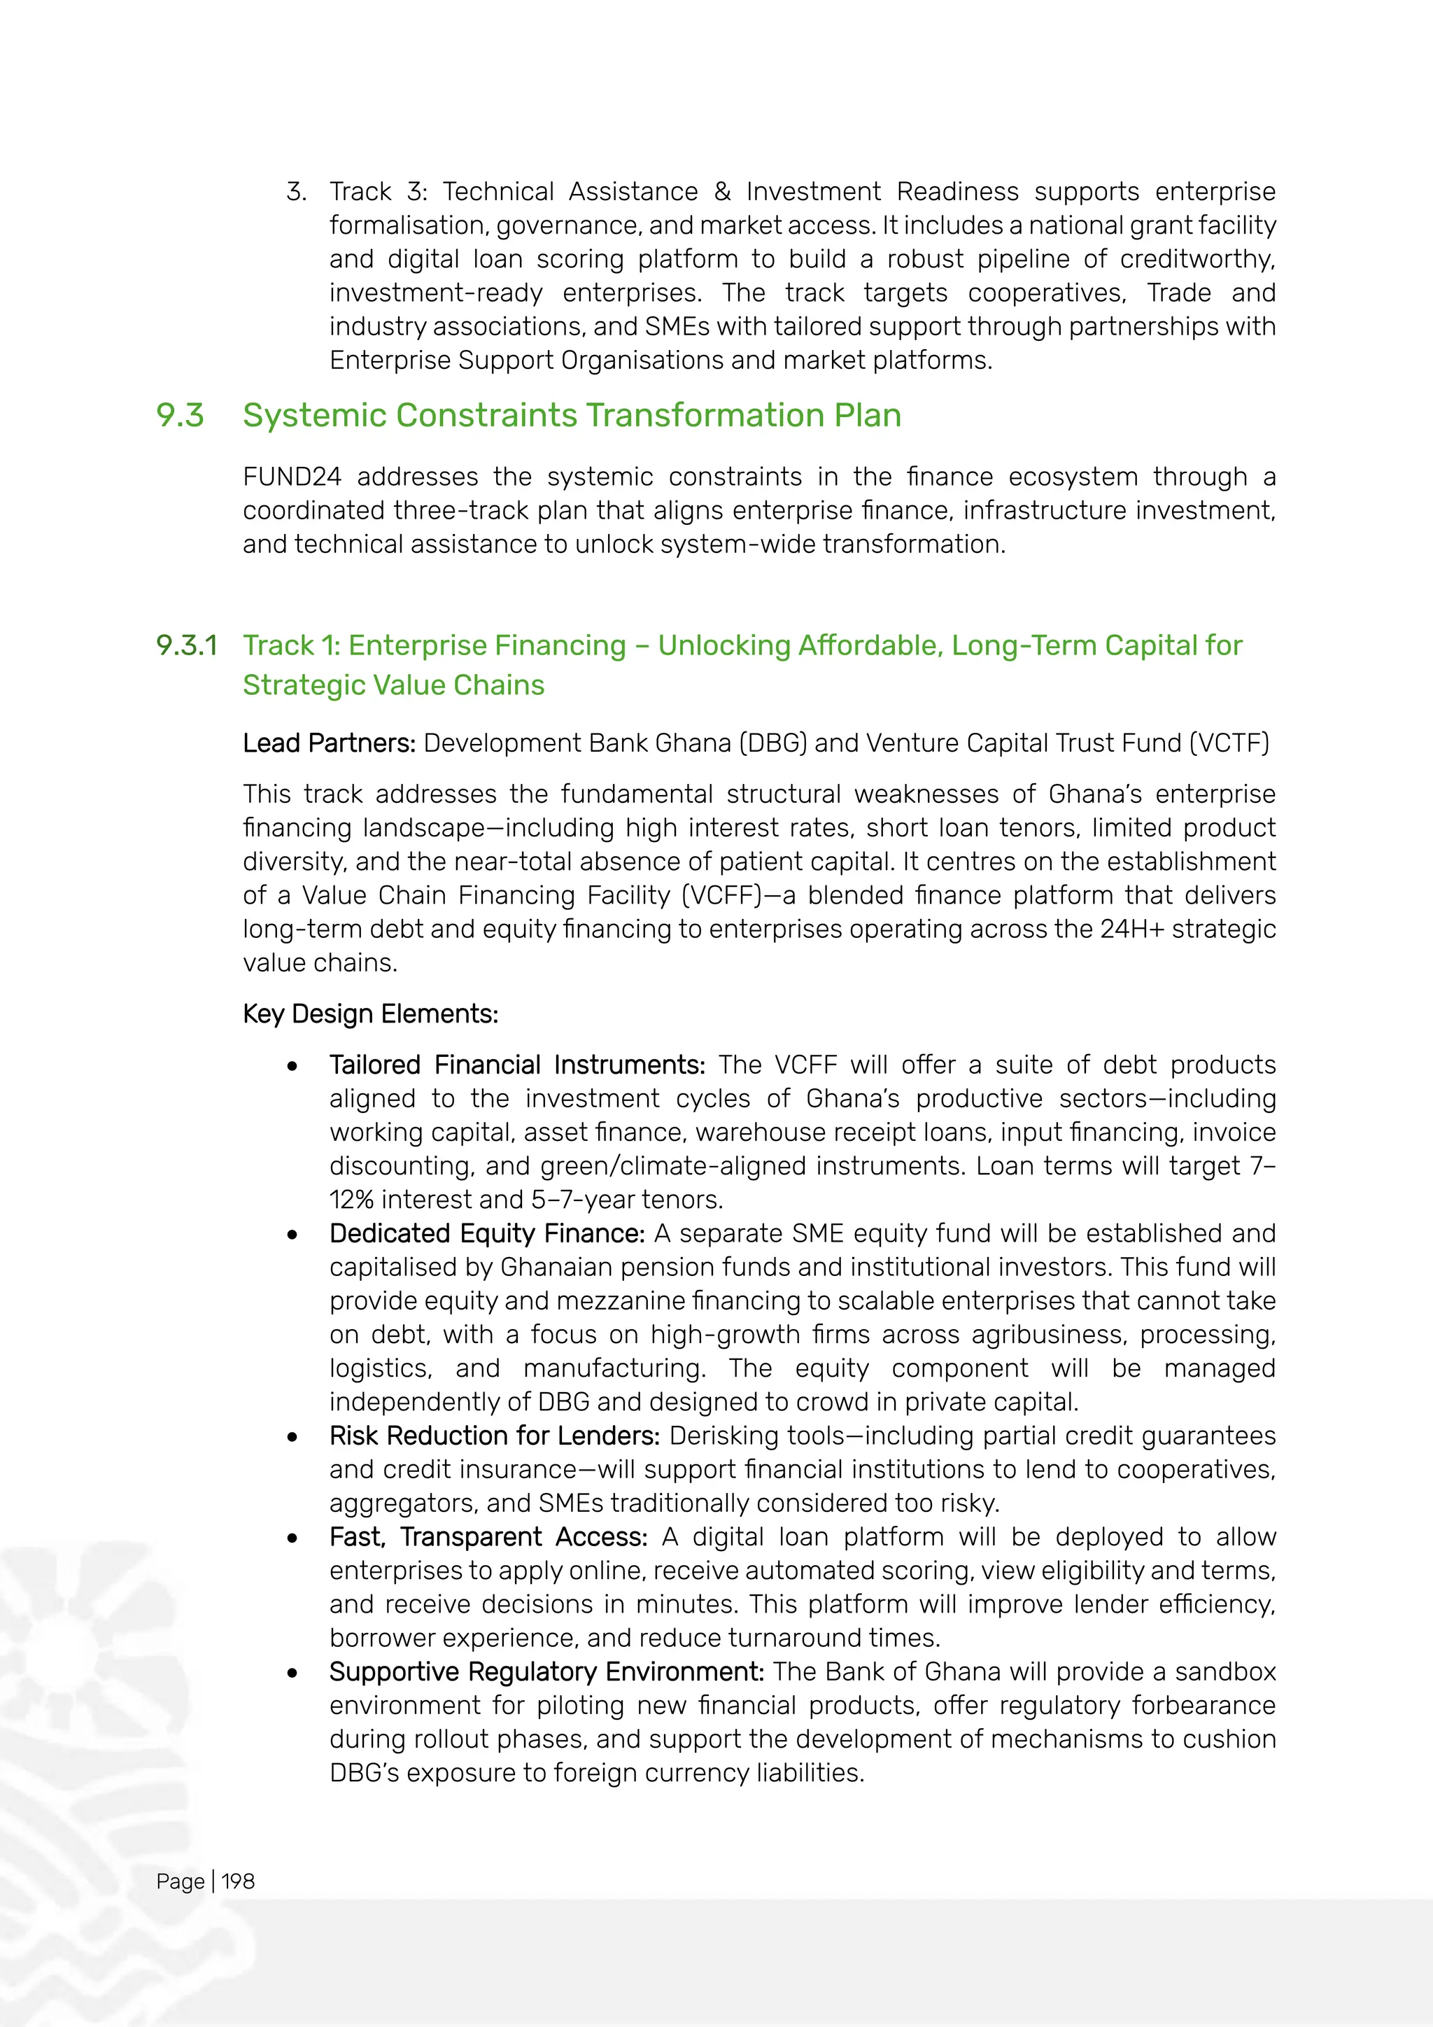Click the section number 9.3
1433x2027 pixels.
pos(180,416)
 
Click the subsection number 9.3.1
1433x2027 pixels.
pos(186,645)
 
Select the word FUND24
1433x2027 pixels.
pos(292,477)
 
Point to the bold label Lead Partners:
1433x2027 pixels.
pos(329,743)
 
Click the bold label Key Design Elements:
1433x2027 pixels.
pos(371,1014)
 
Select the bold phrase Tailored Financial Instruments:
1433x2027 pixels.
pos(517,1065)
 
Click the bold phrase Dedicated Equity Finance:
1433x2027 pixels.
pos(487,1233)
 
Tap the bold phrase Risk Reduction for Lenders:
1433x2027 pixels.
pos(494,1436)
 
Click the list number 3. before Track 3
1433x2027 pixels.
pos(297,192)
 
